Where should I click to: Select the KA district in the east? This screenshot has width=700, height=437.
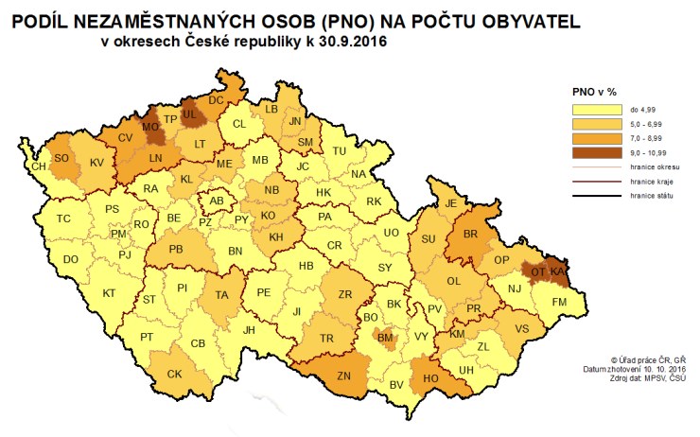[x=560, y=271]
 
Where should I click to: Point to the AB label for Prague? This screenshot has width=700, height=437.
[x=217, y=201]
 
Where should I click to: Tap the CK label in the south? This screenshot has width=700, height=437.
[x=174, y=375]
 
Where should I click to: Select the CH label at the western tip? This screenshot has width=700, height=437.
[x=39, y=166]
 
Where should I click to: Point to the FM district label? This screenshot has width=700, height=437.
[x=560, y=301]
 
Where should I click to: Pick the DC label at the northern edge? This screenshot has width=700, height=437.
[x=216, y=99]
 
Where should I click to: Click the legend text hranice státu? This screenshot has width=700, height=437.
[x=648, y=195]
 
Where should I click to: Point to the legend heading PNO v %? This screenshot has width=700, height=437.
[x=594, y=92]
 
